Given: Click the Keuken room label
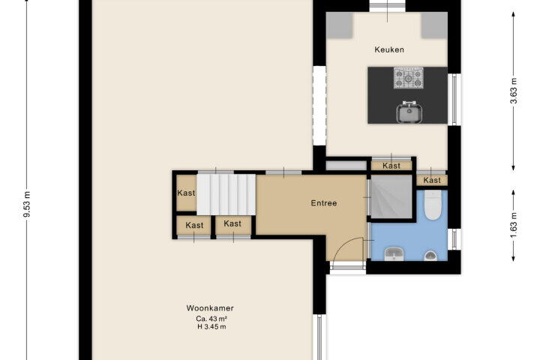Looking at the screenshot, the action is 389,49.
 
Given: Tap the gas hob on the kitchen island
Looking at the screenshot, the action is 409,78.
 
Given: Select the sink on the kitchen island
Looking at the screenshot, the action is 409,112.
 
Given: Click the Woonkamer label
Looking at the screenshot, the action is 210,308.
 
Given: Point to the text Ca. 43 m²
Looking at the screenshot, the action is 211,319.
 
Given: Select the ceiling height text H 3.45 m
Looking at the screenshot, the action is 211,326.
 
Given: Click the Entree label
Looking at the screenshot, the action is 324,203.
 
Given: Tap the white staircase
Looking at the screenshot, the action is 226,195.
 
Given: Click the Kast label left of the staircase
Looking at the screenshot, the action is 186,193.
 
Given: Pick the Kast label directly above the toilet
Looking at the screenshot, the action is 432,180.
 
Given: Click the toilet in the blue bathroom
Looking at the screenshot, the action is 432,205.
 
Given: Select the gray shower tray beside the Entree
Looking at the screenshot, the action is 391,196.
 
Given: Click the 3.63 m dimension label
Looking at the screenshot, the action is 514,91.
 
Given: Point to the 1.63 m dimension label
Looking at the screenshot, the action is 514,225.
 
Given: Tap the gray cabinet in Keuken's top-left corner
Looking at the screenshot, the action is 340,25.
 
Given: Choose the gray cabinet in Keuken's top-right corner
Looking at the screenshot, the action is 434,25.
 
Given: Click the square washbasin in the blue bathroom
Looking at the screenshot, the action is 394,254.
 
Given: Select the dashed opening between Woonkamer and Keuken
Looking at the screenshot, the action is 319,106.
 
